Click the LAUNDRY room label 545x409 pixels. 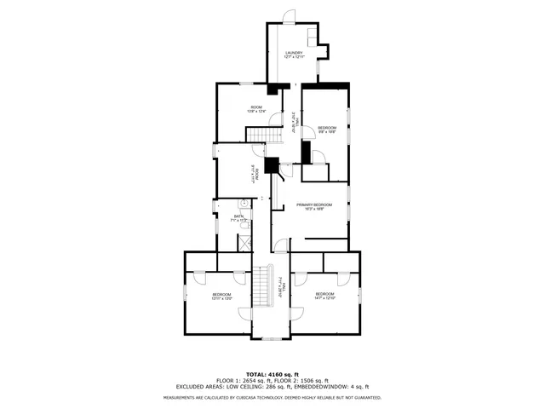[x=294, y=55]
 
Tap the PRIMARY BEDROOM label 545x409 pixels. [x=313, y=206]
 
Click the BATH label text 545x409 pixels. [x=239, y=217]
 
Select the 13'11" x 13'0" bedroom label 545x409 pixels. [x=221, y=296]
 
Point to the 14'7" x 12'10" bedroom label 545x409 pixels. [x=325, y=296]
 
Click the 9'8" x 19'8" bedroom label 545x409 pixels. [x=327, y=130]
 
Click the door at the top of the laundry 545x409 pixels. [x=289, y=16]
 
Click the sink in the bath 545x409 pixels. [x=242, y=204]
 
